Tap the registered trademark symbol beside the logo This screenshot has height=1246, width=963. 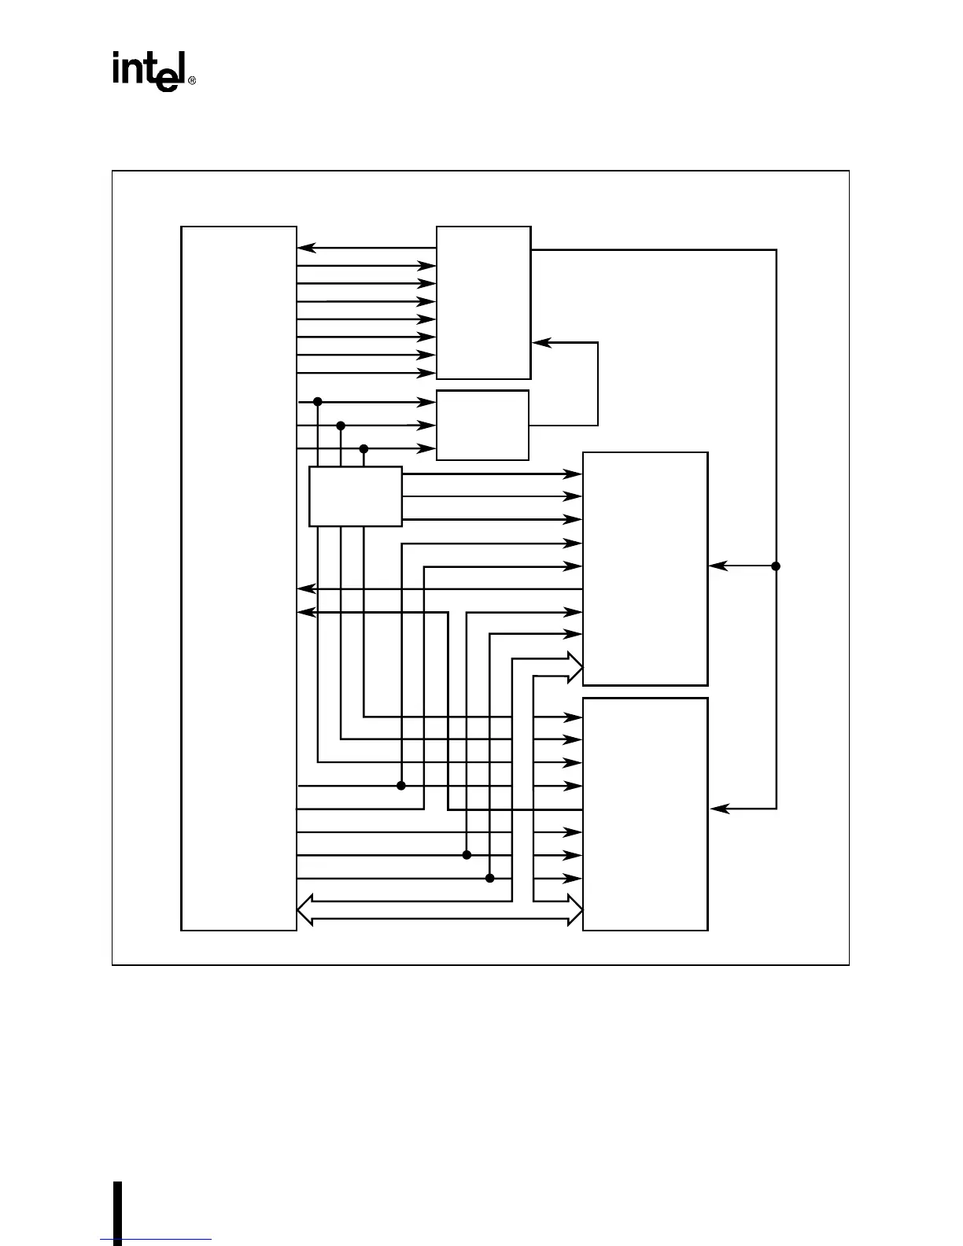click(x=192, y=81)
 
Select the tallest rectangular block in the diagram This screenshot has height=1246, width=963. click(x=238, y=578)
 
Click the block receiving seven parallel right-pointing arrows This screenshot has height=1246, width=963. click(x=483, y=303)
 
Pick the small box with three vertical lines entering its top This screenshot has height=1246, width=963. click(x=356, y=496)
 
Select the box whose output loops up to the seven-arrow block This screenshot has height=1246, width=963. click(x=482, y=425)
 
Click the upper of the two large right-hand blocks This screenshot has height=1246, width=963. click(x=645, y=569)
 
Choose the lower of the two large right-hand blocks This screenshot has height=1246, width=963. click(x=645, y=814)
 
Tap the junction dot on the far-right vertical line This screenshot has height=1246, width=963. click(x=776, y=566)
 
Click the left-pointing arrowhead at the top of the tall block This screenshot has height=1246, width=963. click(x=306, y=249)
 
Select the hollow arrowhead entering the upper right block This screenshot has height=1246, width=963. click(x=574, y=667)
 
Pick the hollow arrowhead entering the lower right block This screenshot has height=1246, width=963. click(x=574, y=910)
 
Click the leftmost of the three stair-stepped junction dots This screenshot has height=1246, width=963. click(x=318, y=402)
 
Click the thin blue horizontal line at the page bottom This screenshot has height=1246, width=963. click(x=156, y=1240)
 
